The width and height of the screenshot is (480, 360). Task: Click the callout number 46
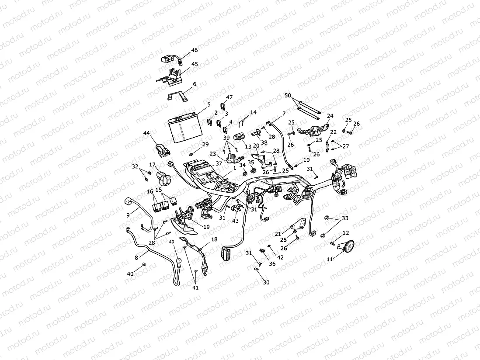coord(195,50)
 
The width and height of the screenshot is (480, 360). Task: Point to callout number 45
coord(195,64)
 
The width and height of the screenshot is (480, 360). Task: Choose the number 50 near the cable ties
coord(287,95)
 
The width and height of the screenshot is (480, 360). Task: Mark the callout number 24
coord(330,116)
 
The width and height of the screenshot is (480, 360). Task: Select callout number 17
coord(153,165)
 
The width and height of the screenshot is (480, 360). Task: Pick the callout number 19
coord(206,226)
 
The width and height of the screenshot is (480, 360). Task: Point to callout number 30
coord(266,282)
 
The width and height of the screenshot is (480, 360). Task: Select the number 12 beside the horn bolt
coord(345,233)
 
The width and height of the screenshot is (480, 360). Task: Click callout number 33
coord(345,218)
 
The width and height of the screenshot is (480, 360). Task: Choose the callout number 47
coord(230,97)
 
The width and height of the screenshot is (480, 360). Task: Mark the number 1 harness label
coord(234,167)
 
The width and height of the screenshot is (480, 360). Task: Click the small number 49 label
coord(171,242)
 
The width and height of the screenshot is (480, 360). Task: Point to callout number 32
coord(135,166)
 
